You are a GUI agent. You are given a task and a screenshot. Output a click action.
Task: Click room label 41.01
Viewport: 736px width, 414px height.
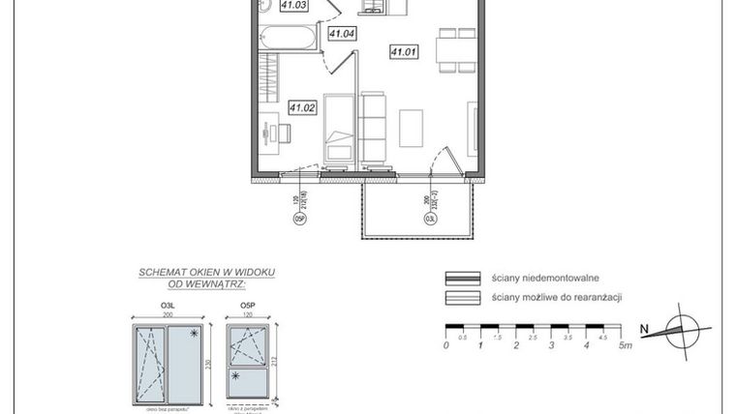pyautogui.click(x=403, y=51)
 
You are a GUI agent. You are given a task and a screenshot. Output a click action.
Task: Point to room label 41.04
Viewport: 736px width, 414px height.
pyautogui.click(x=342, y=34)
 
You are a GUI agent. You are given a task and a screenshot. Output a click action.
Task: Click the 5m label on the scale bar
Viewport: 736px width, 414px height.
pyautogui.click(x=626, y=345)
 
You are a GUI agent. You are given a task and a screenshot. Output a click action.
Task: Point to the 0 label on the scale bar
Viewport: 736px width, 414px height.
pyautogui.click(x=445, y=345)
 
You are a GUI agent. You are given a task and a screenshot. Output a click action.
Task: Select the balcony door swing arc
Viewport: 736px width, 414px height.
pyautogui.click(x=443, y=160)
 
